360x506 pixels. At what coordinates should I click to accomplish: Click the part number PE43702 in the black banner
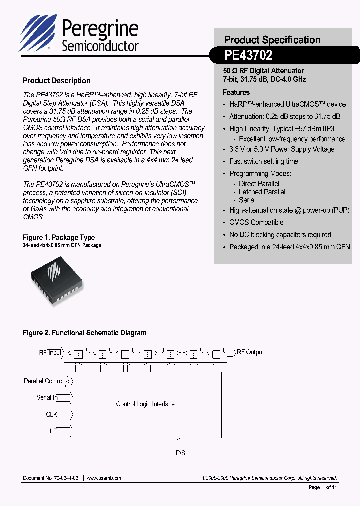pos(248,56)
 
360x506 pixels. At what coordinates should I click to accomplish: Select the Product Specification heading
pos(272,40)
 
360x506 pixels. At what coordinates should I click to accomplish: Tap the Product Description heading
pos(57,81)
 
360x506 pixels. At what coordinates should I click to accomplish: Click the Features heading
pos(236,92)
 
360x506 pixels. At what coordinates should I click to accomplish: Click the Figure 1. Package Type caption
pos(59,237)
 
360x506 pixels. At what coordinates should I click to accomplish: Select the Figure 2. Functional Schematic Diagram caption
pos(85,333)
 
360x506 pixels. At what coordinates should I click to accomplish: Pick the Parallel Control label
pos(44,381)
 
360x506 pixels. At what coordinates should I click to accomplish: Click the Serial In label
pos(47,398)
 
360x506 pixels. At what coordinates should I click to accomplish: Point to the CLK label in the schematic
pos(51,415)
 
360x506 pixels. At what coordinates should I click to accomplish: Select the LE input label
pos(53,431)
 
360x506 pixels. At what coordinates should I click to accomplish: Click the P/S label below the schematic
pos(180,453)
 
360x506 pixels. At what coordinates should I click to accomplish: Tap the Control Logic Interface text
pos(145,404)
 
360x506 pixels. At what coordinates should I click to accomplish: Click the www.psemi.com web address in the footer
pos(104,478)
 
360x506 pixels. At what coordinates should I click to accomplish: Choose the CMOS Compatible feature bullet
pos(256,222)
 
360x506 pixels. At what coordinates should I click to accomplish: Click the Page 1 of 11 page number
pos(323,487)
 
